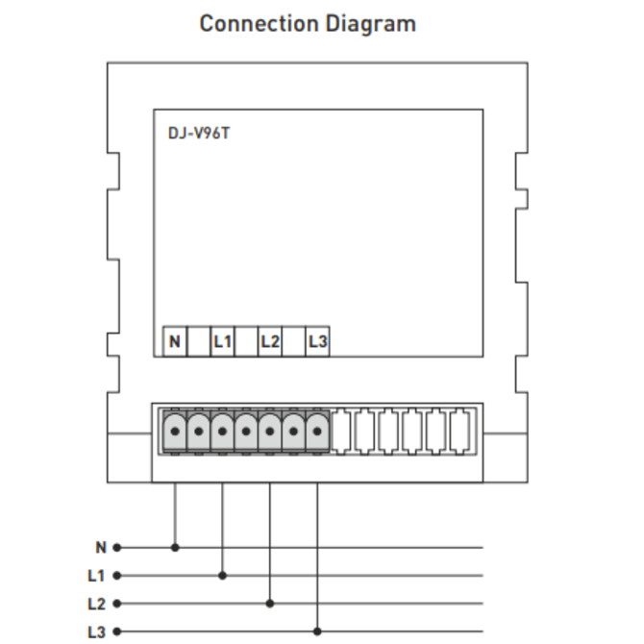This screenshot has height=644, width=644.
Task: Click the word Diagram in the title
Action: coord(369,23)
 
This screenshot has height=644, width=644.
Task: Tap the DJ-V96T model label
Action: coord(199,133)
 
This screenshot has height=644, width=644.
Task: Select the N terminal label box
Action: coord(175,341)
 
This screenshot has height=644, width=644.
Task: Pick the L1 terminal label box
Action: coord(222,341)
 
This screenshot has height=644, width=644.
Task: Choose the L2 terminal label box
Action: coord(270,341)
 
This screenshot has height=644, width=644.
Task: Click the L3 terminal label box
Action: coord(317,341)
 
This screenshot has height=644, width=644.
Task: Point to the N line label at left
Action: coord(101,548)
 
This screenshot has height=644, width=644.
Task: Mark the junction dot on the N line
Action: coord(175,548)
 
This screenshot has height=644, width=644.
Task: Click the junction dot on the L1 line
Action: coord(222,576)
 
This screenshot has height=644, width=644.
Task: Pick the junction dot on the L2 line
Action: coord(270,605)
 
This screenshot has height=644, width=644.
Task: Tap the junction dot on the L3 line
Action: coord(317,632)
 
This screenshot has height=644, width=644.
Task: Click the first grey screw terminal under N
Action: coord(175,432)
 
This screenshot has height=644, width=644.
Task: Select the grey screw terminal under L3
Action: coord(317,432)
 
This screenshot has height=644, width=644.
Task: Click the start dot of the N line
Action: coord(117,548)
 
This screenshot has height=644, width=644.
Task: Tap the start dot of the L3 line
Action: coord(117,632)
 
